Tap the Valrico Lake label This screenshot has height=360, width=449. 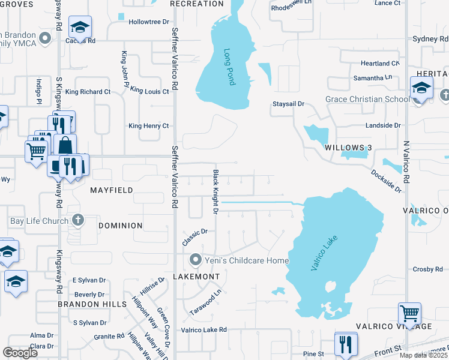[x=325, y=253]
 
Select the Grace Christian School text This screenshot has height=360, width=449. [x=367, y=99]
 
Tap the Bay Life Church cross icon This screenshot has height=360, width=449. [x=76, y=220]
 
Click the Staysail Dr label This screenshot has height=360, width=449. [x=289, y=104]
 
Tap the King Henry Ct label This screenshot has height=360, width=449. [x=149, y=126]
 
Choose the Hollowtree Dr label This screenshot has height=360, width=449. [x=149, y=22]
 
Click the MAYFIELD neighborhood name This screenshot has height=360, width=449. [x=111, y=190]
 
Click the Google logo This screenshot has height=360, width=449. [x=20, y=352]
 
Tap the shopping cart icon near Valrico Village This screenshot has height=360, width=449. [x=409, y=313]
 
